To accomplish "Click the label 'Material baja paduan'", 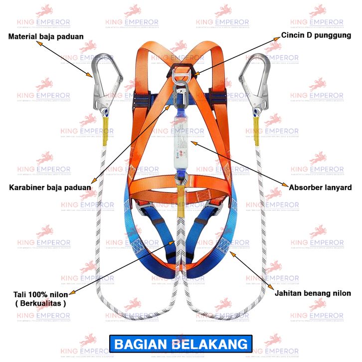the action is click(45, 36).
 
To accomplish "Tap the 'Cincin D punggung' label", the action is click(316, 35).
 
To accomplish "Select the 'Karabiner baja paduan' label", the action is click(50, 187).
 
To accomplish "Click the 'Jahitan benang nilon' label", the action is click(313, 293).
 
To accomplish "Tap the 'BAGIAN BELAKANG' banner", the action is click(181, 344).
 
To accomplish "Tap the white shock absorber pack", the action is click(180, 145).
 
